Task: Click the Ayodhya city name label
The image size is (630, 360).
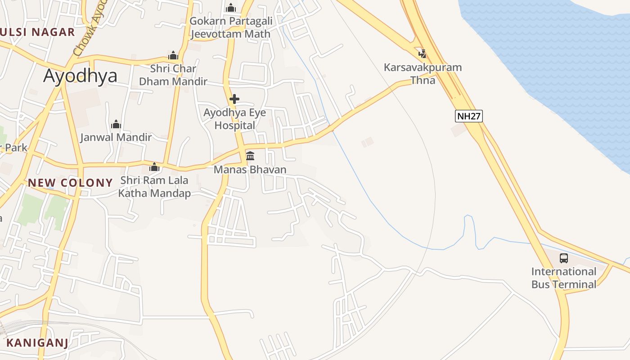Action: click(x=80, y=76)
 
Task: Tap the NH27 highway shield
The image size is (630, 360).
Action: click(x=469, y=116)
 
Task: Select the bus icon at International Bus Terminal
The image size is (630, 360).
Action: click(x=563, y=258)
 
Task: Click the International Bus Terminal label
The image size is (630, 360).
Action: click(x=563, y=278)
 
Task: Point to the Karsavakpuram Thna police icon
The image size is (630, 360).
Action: click(x=422, y=54)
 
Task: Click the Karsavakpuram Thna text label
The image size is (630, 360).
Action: click(x=423, y=74)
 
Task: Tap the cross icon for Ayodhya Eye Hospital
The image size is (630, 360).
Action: click(x=234, y=99)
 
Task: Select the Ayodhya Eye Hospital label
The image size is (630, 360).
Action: click(x=234, y=119)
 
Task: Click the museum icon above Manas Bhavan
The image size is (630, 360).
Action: click(x=250, y=156)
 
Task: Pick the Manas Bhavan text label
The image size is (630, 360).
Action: click(x=250, y=170)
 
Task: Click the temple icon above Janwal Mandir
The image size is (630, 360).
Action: click(x=116, y=124)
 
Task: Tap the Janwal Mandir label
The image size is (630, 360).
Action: click(x=116, y=137)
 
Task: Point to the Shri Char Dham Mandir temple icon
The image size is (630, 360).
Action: click(x=173, y=56)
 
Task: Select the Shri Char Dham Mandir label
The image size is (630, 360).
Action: click(x=173, y=75)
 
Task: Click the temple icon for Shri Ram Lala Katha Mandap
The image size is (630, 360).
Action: click(x=154, y=167)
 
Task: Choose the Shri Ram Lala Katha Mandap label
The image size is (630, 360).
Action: click(x=154, y=187)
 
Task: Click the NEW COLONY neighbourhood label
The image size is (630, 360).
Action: click(x=70, y=183)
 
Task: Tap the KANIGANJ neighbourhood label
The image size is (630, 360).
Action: click(x=37, y=343)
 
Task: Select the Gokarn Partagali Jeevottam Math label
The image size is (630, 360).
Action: click(x=230, y=27)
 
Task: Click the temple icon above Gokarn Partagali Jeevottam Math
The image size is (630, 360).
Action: click(x=231, y=8)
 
